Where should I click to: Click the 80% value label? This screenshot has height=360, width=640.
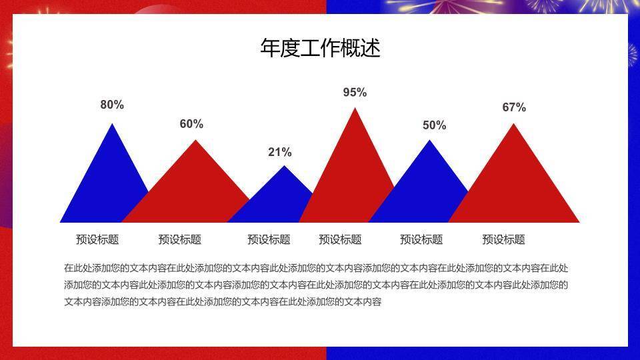coord(112,105)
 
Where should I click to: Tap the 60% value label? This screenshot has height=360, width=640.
coord(191,124)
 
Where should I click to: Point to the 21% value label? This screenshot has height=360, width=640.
coord(280,152)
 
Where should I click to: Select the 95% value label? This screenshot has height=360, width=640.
coord(355,93)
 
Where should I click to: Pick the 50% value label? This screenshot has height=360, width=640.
coord(434,125)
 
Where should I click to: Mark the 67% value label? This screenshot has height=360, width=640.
coord(514,107)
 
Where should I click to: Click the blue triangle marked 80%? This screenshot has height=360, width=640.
coord(107,187)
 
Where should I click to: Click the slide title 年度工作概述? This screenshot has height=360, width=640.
coord(320,48)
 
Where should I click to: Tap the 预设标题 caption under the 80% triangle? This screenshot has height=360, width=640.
coord(97,239)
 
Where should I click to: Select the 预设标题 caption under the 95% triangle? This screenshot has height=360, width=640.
coord(340,239)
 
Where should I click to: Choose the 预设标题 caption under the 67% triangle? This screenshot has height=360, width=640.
coord(503,239)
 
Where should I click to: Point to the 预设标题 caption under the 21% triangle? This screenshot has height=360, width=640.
coord(269,239)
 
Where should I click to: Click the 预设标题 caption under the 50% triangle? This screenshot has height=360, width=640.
coord(421,239)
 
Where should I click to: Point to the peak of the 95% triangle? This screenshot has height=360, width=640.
coord(355,109)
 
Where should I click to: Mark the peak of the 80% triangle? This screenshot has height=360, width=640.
coord(112,125)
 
